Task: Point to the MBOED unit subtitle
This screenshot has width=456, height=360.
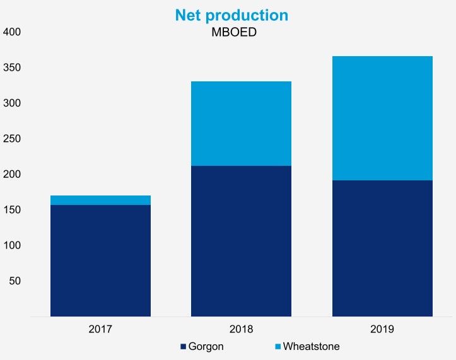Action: [x=233, y=32]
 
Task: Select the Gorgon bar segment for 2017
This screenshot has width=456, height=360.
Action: [x=100, y=260]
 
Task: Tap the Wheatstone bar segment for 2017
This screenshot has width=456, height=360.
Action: [x=100, y=200]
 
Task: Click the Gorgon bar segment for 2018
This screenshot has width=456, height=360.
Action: [x=241, y=241]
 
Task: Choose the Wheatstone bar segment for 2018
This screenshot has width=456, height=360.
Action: [x=241, y=124]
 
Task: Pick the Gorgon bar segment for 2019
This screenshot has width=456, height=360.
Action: [x=382, y=248]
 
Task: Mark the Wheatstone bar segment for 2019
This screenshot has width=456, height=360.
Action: [x=382, y=119]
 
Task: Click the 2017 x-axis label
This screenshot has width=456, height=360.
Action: [x=100, y=329]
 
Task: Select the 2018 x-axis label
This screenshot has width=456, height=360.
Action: [x=241, y=329]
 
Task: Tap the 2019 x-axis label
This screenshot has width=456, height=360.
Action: [x=382, y=329]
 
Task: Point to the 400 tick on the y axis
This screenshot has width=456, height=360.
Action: [x=12, y=32]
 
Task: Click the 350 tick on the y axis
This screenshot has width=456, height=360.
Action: [x=12, y=67]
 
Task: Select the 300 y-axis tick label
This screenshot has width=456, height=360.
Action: [x=12, y=103]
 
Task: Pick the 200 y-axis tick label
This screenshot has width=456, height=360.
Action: [x=12, y=174]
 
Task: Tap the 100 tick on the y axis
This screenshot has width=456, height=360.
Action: [x=12, y=245]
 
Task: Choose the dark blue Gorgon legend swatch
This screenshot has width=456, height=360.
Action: [x=184, y=347]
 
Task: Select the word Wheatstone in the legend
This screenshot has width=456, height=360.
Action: [x=312, y=346]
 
